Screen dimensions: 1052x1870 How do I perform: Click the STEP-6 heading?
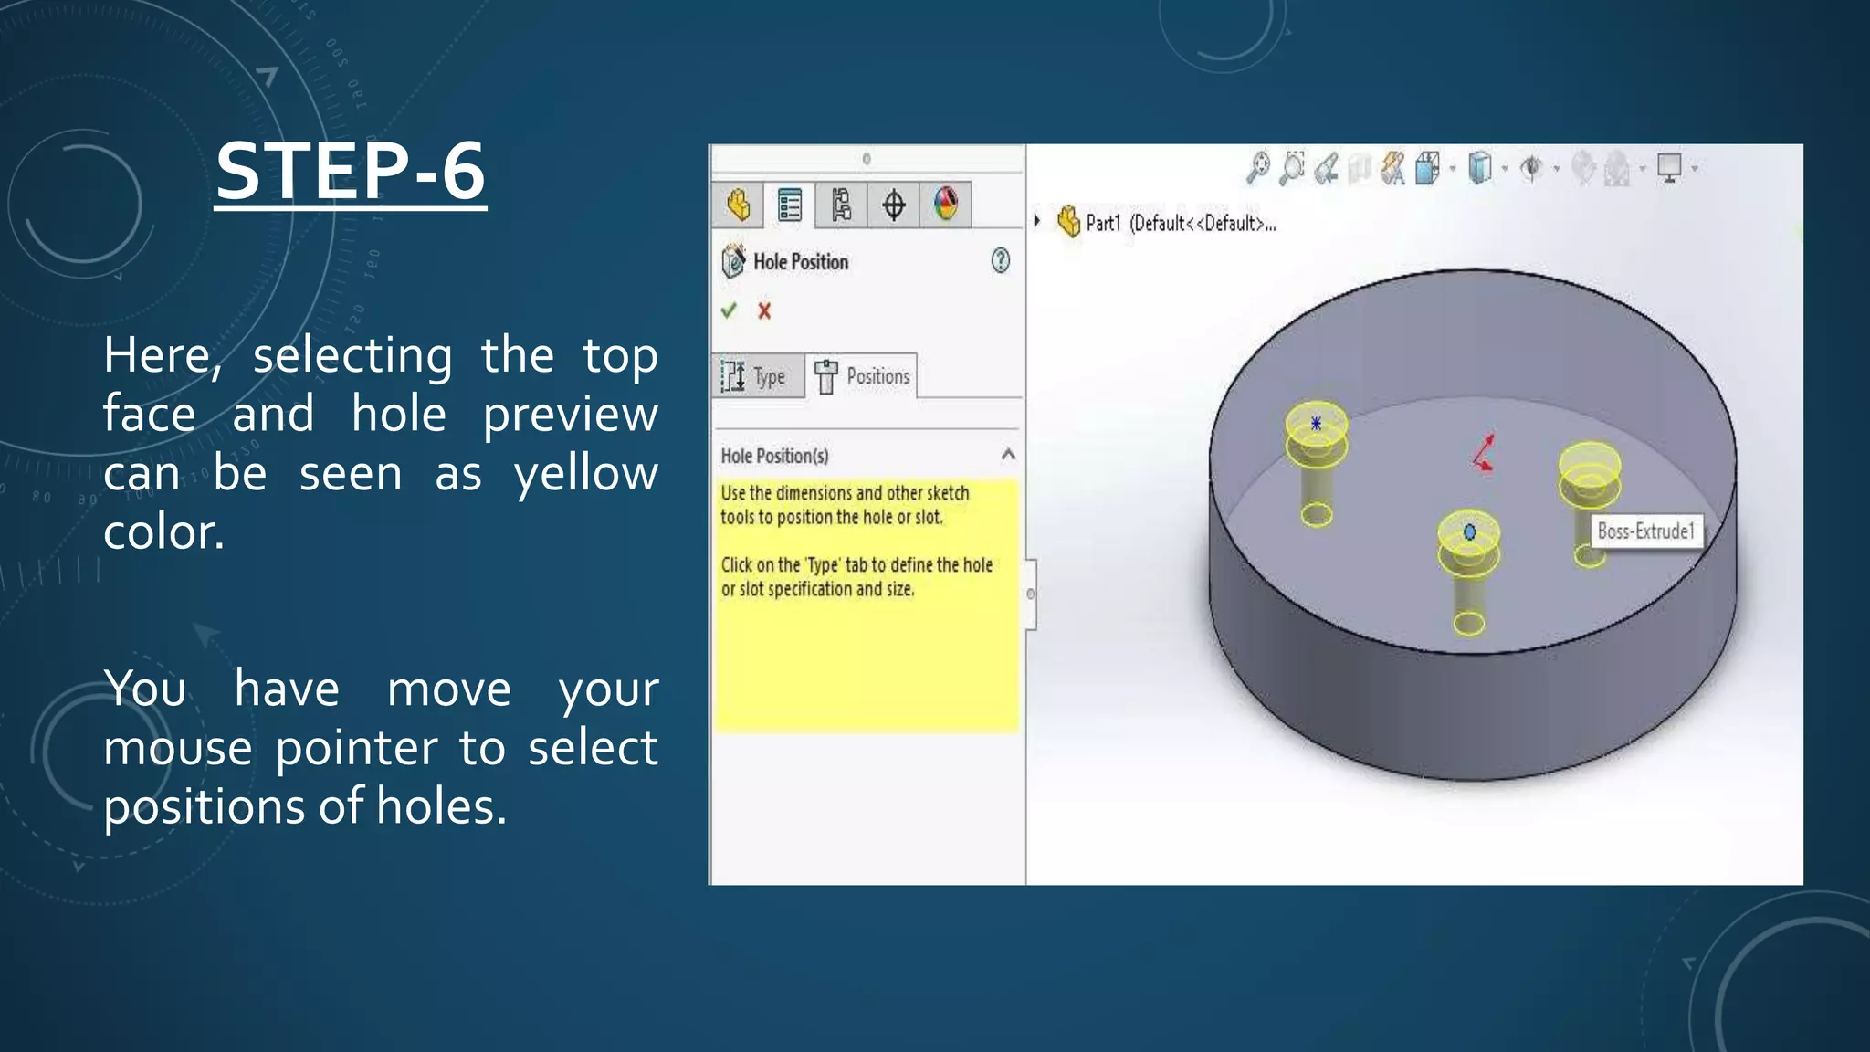click(x=351, y=172)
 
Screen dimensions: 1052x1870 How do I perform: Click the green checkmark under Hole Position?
click(x=729, y=310)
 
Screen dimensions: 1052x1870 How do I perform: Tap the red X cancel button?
click(x=764, y=311)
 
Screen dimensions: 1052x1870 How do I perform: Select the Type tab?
click(x=757, y=376)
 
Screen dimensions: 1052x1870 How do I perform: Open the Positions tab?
click(x=863, y=376)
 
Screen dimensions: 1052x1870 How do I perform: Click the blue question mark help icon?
click(x=1001, y=261)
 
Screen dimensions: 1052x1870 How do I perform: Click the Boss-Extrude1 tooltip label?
click(x=1646, y=531)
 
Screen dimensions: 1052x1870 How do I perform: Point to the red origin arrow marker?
click(x=1484, y=453)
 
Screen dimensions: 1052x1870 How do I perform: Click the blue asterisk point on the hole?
click(x=1316, y=423)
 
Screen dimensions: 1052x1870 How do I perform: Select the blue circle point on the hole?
click(x=1469, y=531)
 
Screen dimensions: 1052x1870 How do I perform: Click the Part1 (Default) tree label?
click(x=1180, y=223)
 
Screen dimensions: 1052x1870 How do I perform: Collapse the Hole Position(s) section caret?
click(x=1008, y=454)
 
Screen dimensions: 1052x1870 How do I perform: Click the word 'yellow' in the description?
click(x=585, y=474)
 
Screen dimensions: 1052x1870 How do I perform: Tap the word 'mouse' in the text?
click(x=177, y=749)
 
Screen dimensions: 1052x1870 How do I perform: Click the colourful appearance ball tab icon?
click(x=946, y=204)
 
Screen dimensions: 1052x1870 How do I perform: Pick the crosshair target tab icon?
click(x=894, y=205)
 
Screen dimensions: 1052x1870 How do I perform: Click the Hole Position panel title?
click(x=800, y=262)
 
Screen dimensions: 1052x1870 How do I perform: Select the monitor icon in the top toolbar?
click(x=1669, y=168)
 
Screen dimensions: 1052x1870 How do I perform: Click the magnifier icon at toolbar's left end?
click(x=1259, y=167)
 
